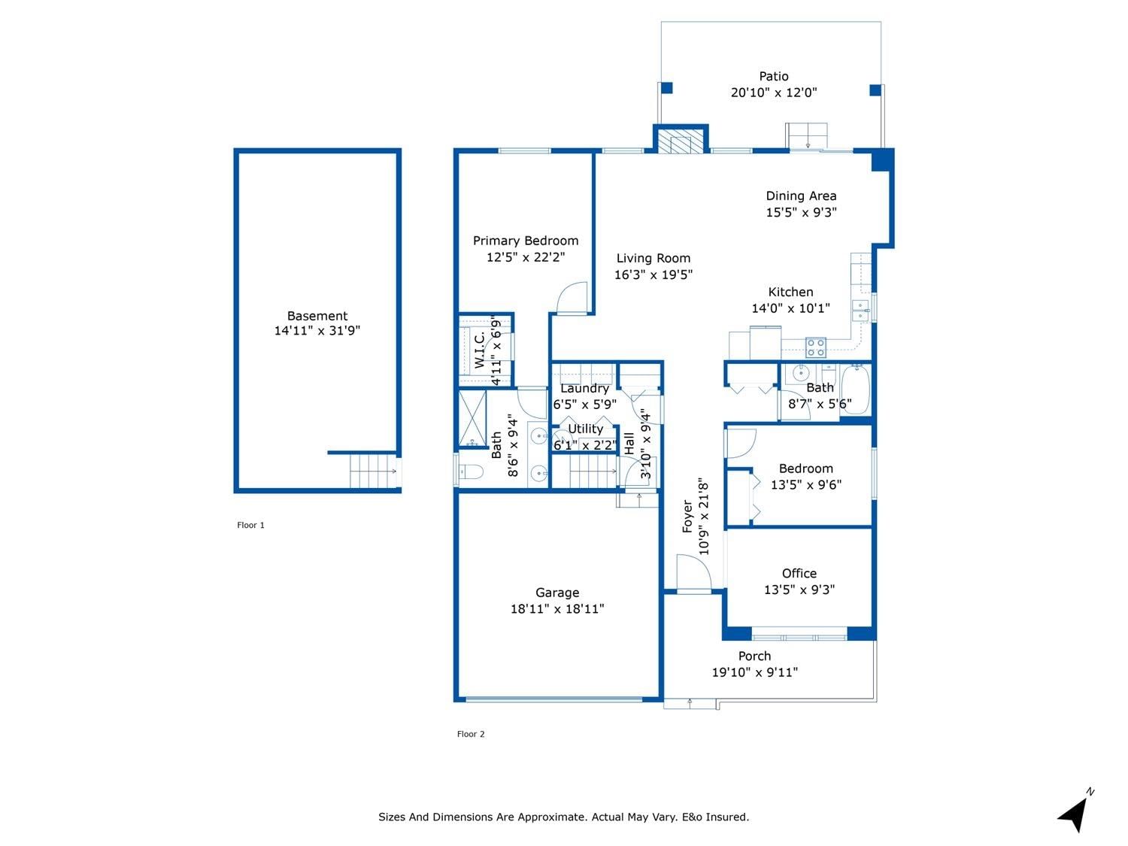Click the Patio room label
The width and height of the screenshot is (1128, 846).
click(773, 77)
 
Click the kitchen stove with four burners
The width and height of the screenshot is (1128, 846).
click(816, 347)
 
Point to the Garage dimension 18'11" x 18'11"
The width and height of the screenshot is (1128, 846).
click(557, 608)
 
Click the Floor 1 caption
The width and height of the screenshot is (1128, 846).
click(250, 525)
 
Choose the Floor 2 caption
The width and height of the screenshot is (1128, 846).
click(471, 734)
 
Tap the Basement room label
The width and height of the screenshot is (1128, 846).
click(317, 316)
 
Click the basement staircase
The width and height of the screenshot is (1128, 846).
click(374, 471)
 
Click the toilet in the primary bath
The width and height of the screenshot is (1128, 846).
click(471, 472)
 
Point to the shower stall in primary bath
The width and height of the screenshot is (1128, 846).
click(472, 418)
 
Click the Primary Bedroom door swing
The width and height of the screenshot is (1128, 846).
click(572, 297)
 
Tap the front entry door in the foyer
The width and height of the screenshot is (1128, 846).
click(694, 574)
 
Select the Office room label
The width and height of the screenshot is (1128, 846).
click(799, 573)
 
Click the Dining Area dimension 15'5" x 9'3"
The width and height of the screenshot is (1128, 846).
click(801, 212)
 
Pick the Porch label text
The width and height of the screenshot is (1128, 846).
click(754, 656)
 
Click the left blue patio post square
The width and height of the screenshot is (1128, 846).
click(666, 88)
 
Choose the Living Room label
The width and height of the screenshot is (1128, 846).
click(653, 259)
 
